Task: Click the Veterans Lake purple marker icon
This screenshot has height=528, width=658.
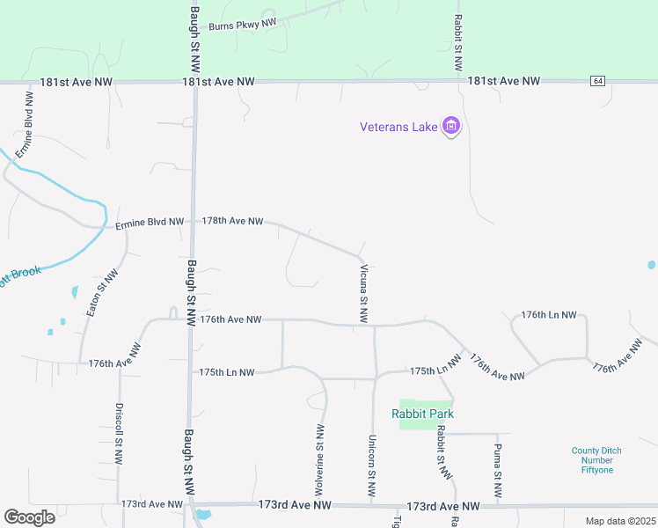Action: tap(451, 127)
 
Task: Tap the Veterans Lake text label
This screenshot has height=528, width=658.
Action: tap(398, 127)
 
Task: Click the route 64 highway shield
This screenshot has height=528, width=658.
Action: tap(598, 81)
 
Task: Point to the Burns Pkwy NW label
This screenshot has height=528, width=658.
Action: tap(243, 25)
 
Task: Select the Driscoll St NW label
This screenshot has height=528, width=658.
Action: tap(119, 434)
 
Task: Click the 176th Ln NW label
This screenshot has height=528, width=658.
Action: tap(549, 314)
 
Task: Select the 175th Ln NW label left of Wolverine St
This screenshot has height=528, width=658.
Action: tap(227, 372)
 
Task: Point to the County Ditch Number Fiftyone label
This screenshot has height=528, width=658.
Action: tap(596, 460)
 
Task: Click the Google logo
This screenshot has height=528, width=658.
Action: tap(30, 517)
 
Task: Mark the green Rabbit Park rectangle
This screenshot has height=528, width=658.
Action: tap(418, 413)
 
